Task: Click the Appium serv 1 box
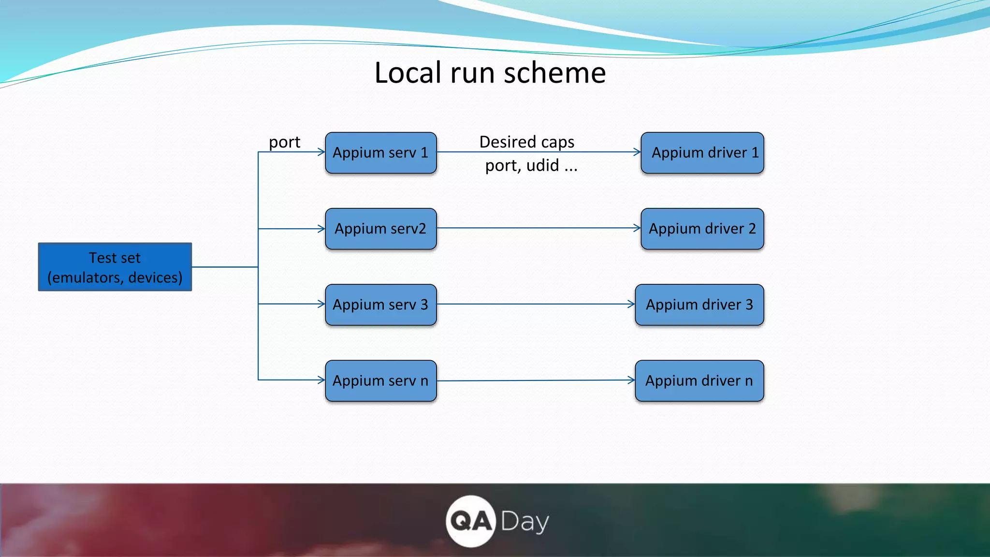(x=380, y=153)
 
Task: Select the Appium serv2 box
(x=380, y=229)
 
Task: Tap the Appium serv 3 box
(x=380, y=305)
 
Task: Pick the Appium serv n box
(x=380, y=381)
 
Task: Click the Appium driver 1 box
(x=702, y=153)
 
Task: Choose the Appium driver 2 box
(x=702, y=229)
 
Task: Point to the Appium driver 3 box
(x=699, y=305)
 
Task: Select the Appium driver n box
(x=699, y=381)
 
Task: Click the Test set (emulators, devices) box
(x=115, y=267)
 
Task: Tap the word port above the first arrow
(x=284, y=142)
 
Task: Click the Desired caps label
(x=526, y=142)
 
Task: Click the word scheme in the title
(x=554, y=73)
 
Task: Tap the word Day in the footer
(x=524, y=522)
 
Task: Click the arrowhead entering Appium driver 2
(x=638, y=228)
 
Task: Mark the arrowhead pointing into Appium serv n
(x=321, y=380)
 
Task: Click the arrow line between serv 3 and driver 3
(x=532, y=304)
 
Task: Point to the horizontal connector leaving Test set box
(x=225, y=267)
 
